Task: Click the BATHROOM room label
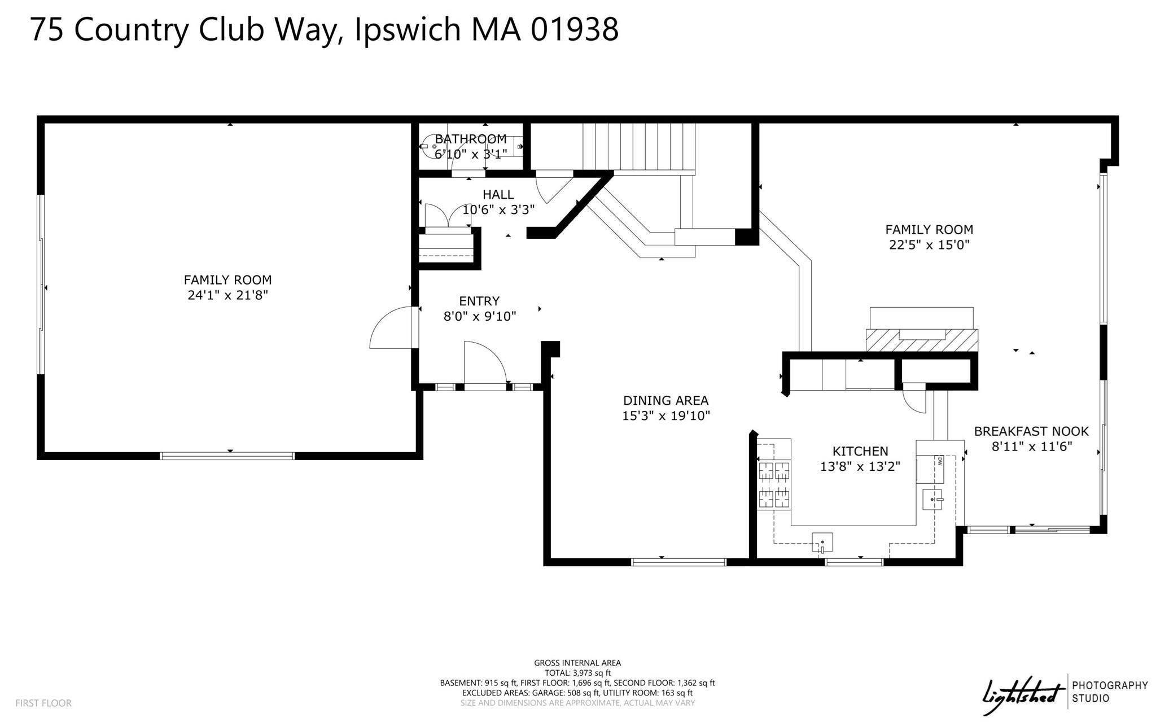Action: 470,139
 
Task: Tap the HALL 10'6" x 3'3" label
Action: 498,202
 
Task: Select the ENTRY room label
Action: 479,301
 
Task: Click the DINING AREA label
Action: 665,401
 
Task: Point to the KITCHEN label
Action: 860,451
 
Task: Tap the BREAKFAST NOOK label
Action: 1031,431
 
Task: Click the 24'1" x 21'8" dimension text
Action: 227,295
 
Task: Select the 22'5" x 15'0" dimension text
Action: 929,245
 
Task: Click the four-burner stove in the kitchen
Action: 774,484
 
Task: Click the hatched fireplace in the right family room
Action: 922,340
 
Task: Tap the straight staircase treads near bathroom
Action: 638,147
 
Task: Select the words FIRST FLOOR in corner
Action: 43,703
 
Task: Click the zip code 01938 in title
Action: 575,29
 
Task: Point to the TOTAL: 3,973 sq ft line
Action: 577,673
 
